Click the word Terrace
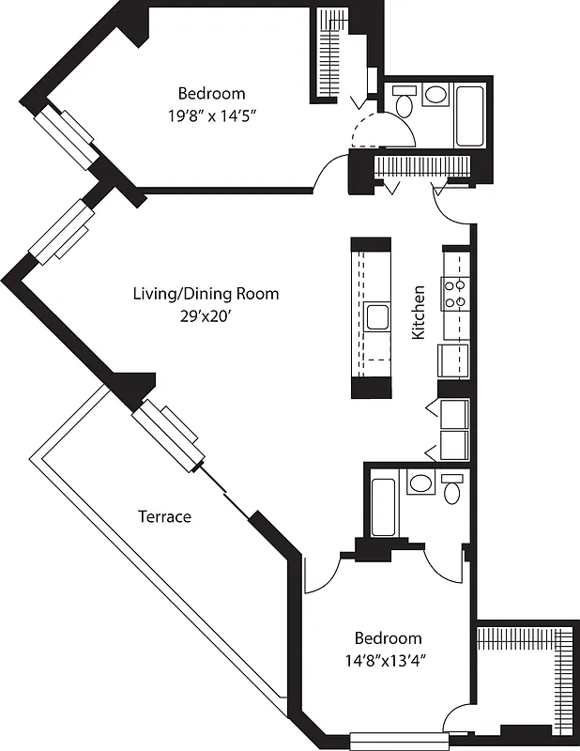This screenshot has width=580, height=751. pyautogui.click(x=164, y=516)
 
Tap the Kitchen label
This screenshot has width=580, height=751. pyautogui.click(x=420, y=313)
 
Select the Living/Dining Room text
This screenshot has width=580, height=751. pyautogui.click(x=205, y=294)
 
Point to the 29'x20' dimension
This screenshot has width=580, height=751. pyautogui.click(x=205, y=316)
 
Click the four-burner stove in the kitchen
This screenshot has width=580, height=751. pyautogui.click(x=455, y=295)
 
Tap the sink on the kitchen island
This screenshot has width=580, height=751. pyautogui.click(x=377, y=317)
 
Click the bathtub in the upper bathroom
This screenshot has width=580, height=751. pyautogui.click(x=469, y=115)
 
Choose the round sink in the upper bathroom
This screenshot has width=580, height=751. pyautogui.click(x=435, y=95)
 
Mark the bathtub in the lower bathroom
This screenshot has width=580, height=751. pyautogui.click(x=384, y=507)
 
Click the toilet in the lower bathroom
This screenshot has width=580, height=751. pyautogui.click(x=452, y=489)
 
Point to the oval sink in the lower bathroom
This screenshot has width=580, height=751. pyautogui.click(x=420, y=483)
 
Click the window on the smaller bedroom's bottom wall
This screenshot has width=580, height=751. pyautogui.click(x=396, y=741)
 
